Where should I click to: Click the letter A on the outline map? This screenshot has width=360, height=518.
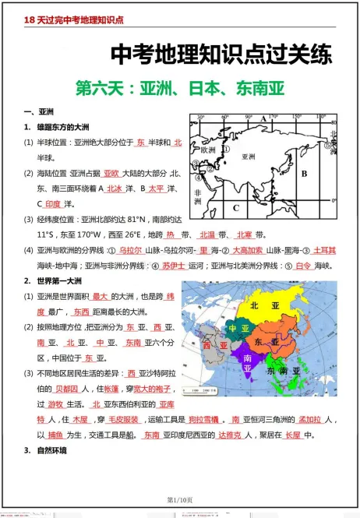pos(264,119)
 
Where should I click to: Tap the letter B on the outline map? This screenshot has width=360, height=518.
pos(305,174)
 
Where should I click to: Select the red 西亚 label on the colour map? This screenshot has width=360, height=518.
pos(208,344)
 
